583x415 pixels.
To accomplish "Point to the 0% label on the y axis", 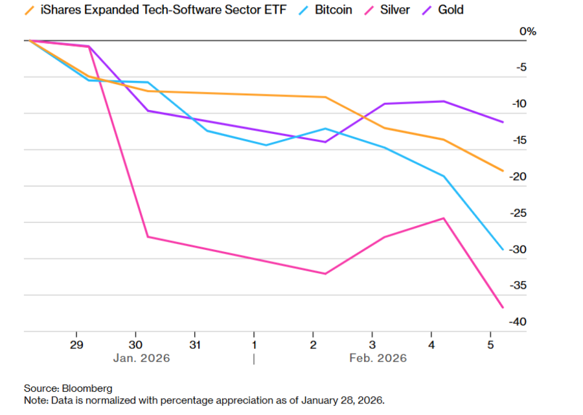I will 529,32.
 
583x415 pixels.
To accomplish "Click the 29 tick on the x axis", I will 76,344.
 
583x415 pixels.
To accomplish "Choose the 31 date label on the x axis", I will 195,344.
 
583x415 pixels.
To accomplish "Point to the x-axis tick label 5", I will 491,344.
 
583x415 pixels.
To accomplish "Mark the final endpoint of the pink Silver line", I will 503,307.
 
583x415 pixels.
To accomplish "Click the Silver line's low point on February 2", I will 325,274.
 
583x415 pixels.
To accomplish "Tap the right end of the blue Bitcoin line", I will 503,249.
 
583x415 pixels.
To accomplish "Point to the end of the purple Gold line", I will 503,122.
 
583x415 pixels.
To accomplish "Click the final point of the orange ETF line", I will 503,171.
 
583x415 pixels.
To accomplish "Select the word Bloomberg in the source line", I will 87,388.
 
